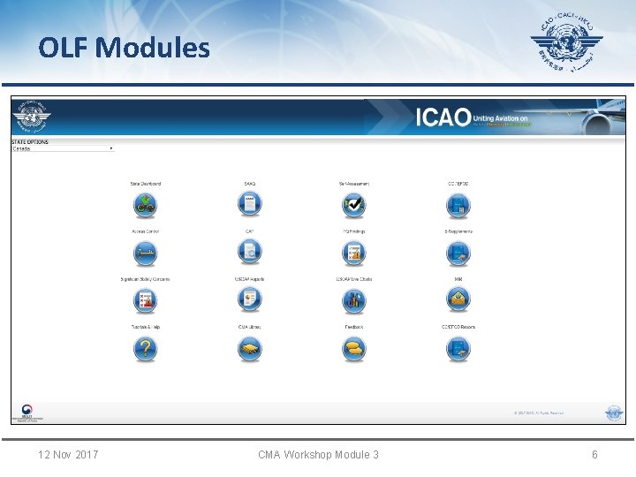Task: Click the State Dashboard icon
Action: click(146, 206)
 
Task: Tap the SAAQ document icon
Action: click(250, 206)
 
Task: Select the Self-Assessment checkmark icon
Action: click(354, 206)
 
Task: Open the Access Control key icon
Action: click(146, 254)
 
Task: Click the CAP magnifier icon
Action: click(250, 254)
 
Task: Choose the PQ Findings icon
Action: click(354, 254)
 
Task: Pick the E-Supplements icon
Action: click(458, 254)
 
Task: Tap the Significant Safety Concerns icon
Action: click(146, 301)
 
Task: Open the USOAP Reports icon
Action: click(250, 301)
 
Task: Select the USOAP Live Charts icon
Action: click(354, 301)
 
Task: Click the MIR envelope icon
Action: click(458, 301)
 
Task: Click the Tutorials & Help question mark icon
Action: click(146, 350)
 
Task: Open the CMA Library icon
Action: click(250, 350)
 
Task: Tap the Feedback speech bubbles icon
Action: click(354, 350)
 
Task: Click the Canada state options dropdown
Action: click(63, 148)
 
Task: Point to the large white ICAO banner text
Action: click(443, 117)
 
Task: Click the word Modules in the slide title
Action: click(154, 47)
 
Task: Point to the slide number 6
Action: click(594, 454)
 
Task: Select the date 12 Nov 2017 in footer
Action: click(68, 454)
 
